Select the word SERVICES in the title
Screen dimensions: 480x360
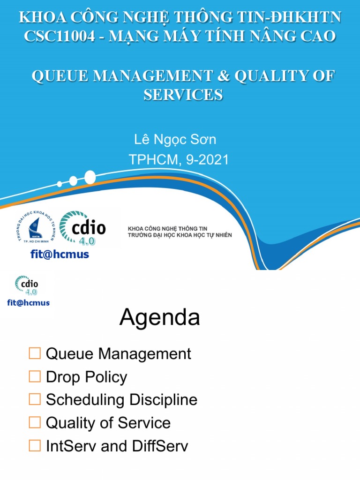click(x=183, y=95)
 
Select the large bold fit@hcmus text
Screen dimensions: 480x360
click(x=59, y=255)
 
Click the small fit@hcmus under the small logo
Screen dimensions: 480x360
click(x=28, y=303)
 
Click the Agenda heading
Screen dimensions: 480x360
click(x=159, y=318)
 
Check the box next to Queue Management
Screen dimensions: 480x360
click(x=35, y=353)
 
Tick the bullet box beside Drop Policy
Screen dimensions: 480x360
click(x=35, y=376)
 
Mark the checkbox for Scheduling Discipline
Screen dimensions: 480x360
click(x=35, y=399)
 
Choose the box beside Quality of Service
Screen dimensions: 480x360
click(x=35, y=422)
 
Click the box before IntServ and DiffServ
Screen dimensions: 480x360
click(x=35, y=445)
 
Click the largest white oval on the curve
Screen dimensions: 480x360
click(x=90, y=177)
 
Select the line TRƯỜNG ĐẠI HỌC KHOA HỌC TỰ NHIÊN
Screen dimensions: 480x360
click(x=180, y=234)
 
